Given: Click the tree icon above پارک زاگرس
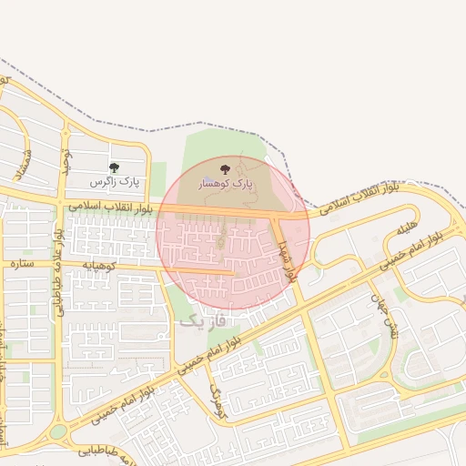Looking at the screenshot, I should click(114, 167).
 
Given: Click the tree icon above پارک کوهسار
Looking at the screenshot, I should click(225, 169).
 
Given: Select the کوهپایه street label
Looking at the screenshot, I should click(101, 265).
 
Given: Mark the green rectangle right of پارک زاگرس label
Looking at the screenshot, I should click(157, 177).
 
